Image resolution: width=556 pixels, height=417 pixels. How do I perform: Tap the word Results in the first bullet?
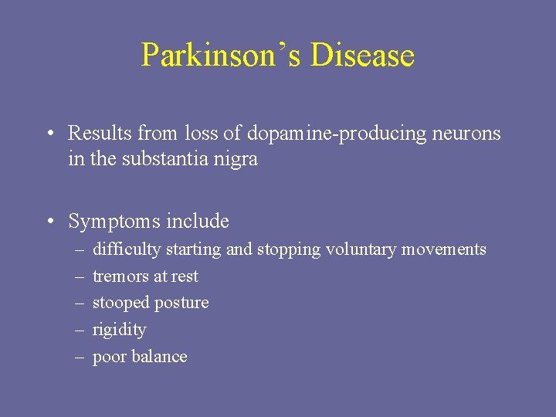point(100,134)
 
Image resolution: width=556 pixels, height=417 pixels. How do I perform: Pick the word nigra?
point(234,161)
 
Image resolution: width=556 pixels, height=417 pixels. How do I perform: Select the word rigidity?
point(119,331)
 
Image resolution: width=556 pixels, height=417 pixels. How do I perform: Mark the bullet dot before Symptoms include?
point(49,222)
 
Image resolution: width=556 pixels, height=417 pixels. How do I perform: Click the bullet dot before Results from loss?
point(49,134)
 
